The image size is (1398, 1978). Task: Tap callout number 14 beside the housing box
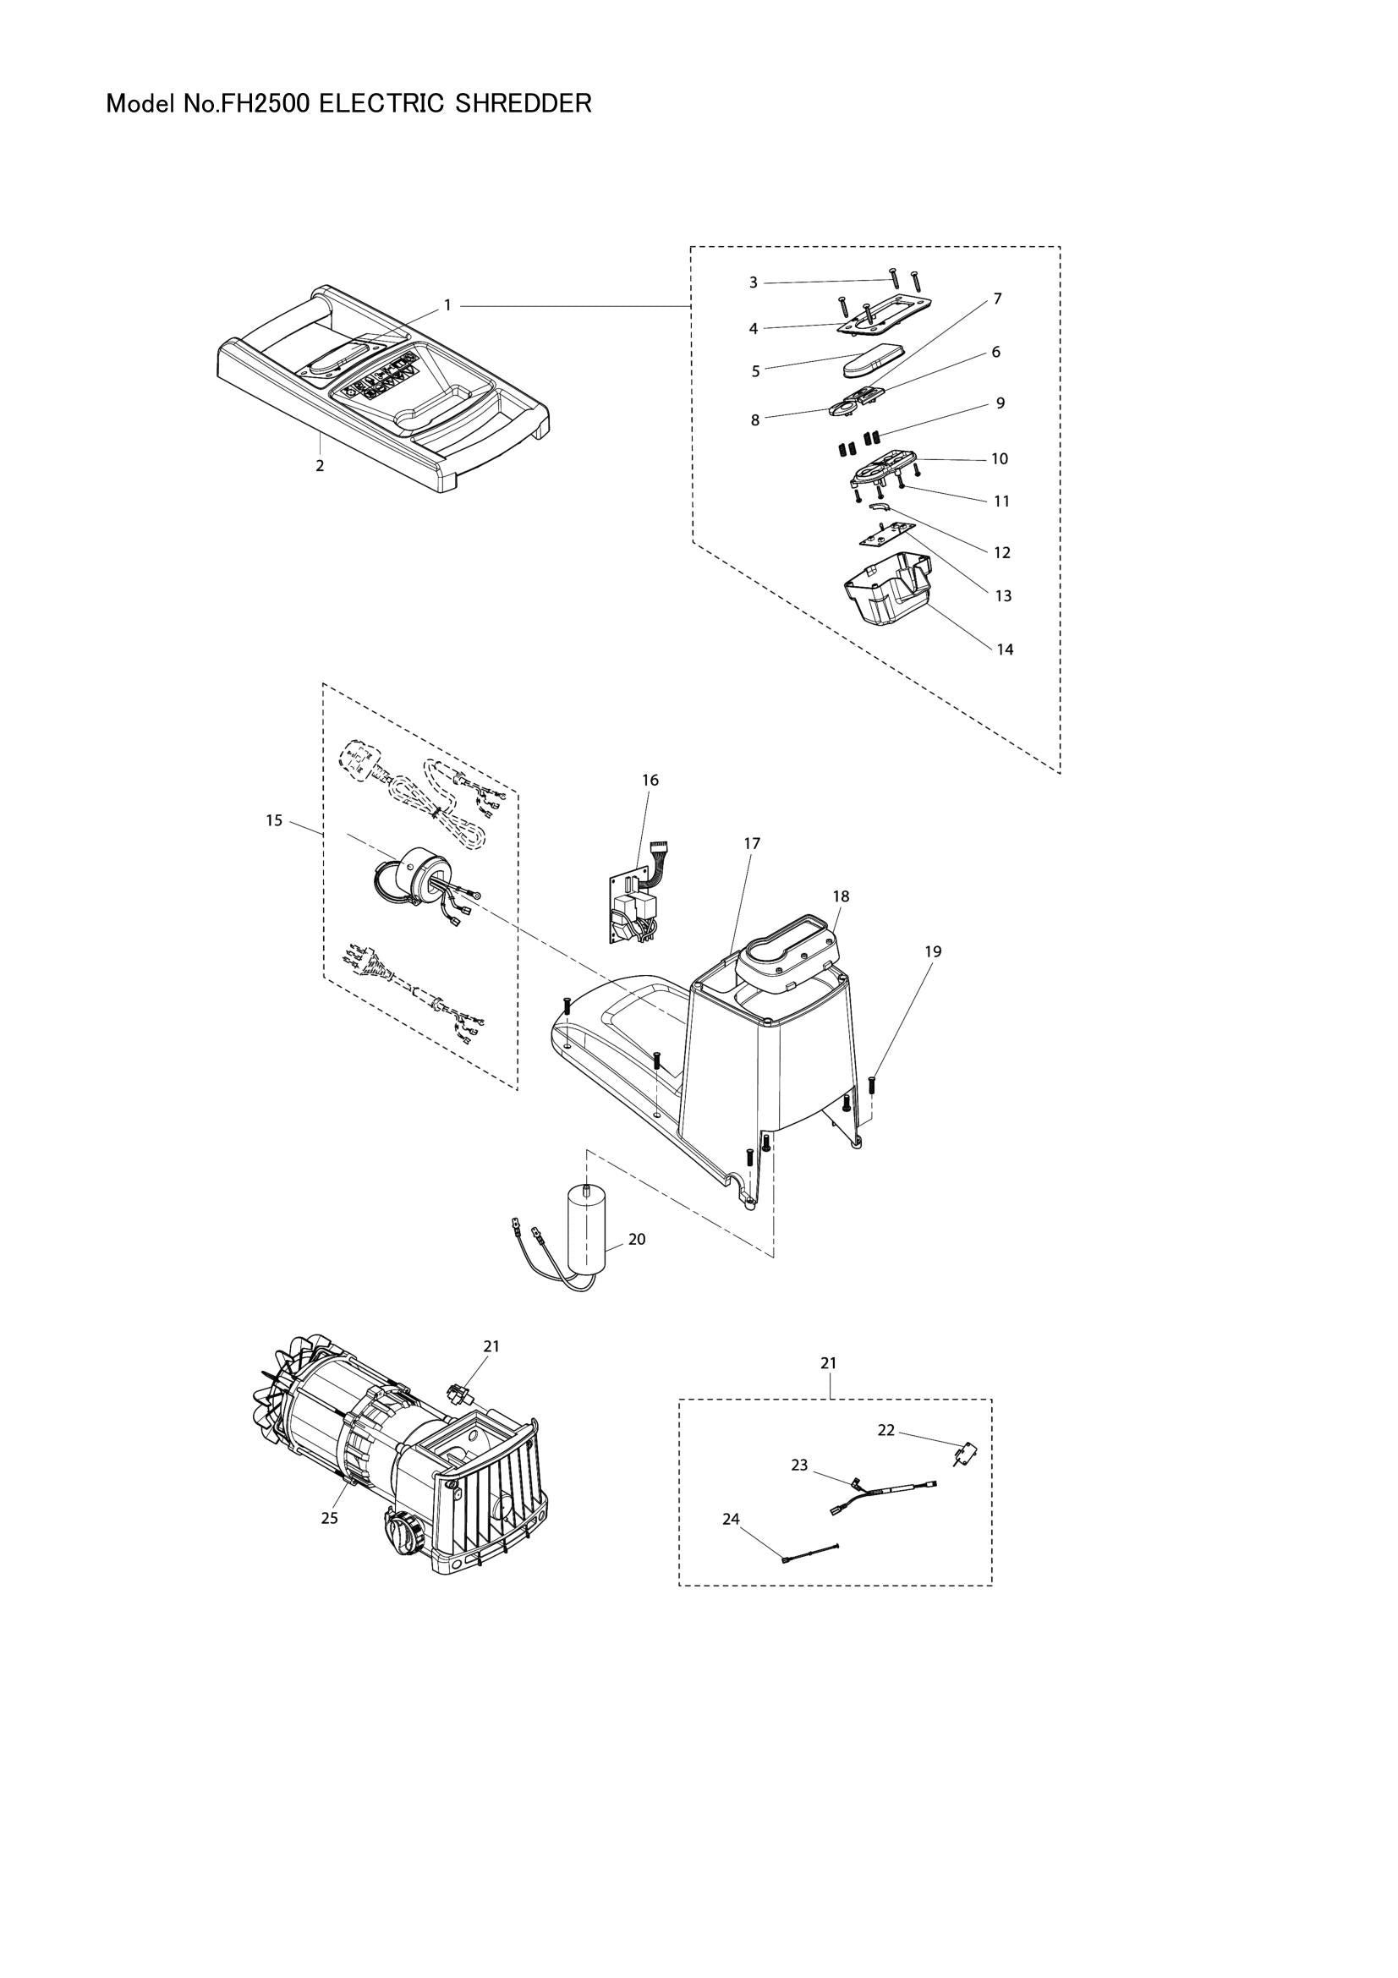(x=1006, y=649)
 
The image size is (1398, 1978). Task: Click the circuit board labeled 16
(x=633, y=905)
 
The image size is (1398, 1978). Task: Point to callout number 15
(x=274, y=821)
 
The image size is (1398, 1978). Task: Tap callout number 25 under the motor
(x=330, y=1518)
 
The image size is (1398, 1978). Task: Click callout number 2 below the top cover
(x=320, y=466)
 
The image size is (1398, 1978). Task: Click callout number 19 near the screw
(x=933, y=952)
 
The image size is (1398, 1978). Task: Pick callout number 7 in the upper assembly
(x=996, y=299)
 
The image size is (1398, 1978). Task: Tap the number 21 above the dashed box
(x=828, y=1363)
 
